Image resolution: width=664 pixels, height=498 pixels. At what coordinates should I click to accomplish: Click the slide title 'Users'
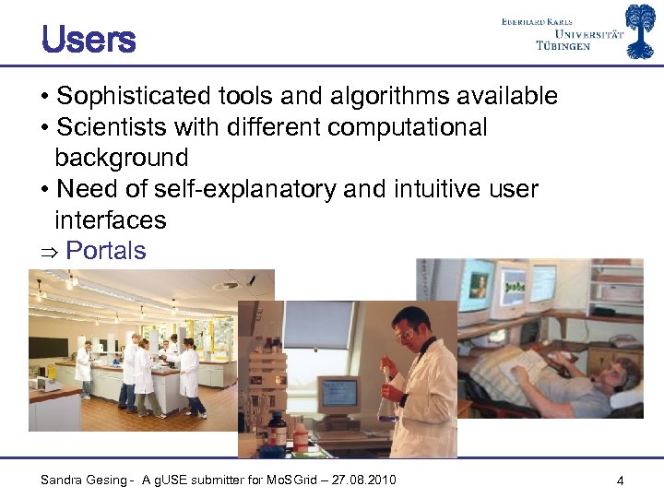[89, 40]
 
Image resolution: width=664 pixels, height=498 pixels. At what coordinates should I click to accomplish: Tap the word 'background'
[121, 158]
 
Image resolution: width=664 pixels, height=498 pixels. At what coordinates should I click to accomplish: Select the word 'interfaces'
[111, 219]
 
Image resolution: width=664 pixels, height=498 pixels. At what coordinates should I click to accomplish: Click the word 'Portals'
[105, 251]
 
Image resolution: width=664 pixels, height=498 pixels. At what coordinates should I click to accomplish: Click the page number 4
[621, 480]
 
